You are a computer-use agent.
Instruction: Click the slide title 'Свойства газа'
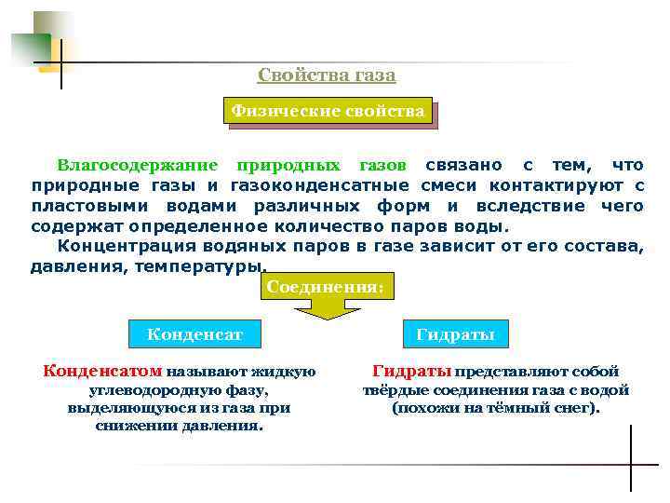point(327,75)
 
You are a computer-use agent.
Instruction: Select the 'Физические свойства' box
point(328,112)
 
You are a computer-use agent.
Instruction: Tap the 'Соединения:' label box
point(325,287)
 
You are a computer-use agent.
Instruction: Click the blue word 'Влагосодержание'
point(138,166)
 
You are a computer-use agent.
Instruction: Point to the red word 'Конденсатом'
point(102,372)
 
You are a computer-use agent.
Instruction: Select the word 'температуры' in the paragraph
point(198,266)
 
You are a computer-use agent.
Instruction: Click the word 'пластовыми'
point(79,206)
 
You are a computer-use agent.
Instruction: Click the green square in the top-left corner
point(31,47)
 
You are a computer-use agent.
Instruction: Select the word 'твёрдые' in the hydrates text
point(391,390)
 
